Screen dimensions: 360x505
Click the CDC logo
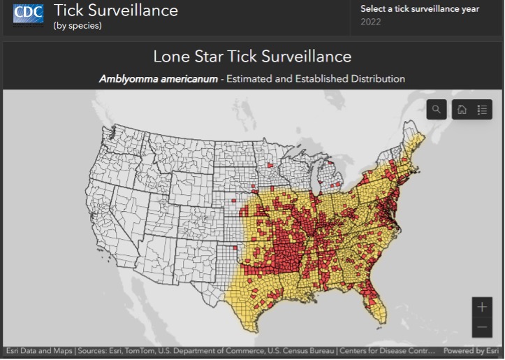(28, 14)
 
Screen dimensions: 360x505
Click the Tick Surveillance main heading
(116, 10)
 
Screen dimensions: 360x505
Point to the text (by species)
(78, 26)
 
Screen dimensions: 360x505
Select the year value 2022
(371, 22)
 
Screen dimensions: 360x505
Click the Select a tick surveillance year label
(419, 9)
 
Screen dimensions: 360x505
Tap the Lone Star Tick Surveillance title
(252, 56)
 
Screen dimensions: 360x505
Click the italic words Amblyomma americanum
(159, 79)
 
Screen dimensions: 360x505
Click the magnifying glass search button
(437, 110)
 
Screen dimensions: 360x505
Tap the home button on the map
(462, 110)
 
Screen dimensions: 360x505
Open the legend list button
(482, 110)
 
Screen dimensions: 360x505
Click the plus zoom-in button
(482, 307)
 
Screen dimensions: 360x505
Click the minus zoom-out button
(482, 326)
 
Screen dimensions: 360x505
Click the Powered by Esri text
(473, 351)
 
